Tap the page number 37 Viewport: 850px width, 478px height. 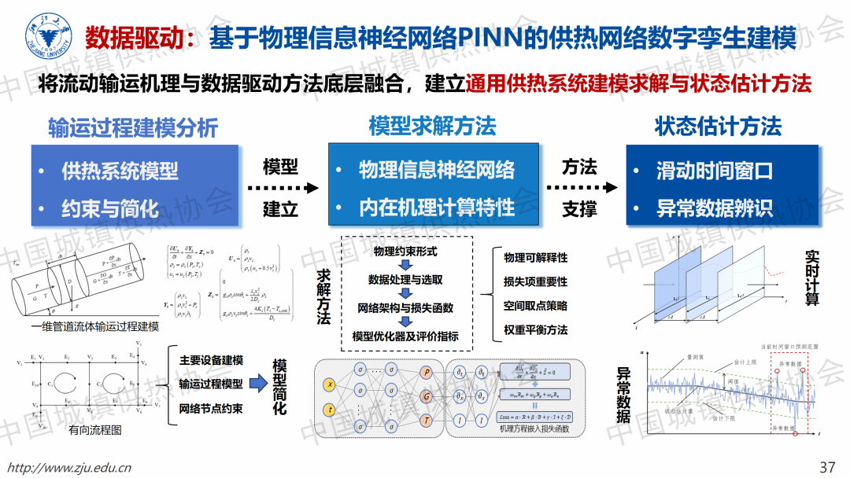tap(827, 467)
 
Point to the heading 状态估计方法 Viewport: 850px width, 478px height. tap(718, 127)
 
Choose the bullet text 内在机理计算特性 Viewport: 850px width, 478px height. tap(436, 208)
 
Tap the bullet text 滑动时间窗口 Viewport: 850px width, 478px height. tap(715, 171)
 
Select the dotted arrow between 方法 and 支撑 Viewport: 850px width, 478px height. tap(580, 189)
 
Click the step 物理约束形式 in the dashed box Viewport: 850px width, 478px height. tap(405, 252)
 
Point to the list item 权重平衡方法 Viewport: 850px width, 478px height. tap(535, 330)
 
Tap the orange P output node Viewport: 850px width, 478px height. tap(427, 372)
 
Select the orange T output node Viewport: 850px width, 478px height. tap(427, 422)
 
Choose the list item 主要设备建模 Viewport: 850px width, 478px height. tap(211, 361)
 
